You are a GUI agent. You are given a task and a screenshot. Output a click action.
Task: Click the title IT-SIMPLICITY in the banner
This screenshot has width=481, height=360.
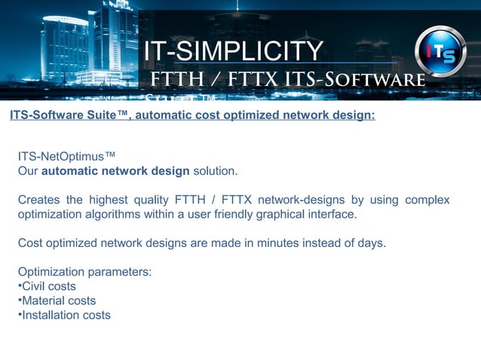[234, 51]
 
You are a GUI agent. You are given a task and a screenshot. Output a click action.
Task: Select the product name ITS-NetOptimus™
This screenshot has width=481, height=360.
[66, 156]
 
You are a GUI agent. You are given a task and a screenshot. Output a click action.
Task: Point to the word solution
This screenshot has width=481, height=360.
[215, 171]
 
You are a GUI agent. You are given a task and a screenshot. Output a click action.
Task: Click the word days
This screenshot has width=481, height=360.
[371, 243]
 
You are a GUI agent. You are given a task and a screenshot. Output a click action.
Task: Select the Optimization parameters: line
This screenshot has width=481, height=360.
[84, 272]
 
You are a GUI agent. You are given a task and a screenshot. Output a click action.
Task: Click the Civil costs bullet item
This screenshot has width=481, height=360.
[47, 286]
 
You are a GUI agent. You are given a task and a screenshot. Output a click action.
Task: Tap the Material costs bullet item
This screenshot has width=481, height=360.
[57, 301]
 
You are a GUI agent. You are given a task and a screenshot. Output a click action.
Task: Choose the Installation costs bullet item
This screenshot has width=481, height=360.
[64, 315]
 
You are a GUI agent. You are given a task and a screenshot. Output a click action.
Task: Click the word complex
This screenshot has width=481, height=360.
[427, 200]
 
